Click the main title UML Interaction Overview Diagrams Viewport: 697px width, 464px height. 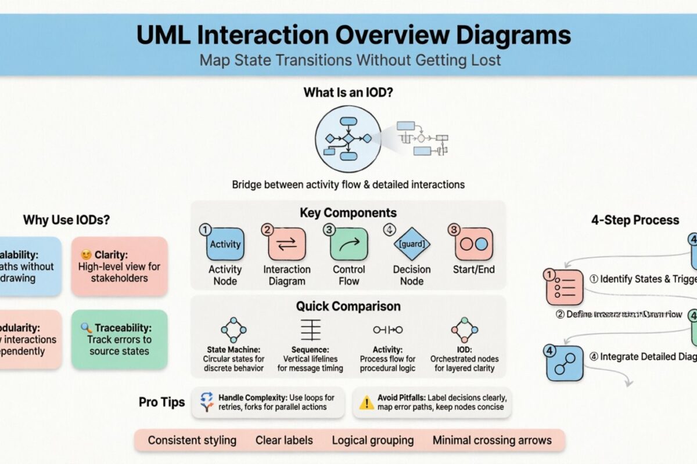click(x=353, y=36)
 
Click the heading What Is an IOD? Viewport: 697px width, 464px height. click(x=348, y=92)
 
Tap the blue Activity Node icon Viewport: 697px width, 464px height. click(x=225, y=244)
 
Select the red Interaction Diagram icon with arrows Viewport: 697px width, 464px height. click(x=286, y=244)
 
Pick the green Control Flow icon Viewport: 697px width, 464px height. click(x=348, y=244)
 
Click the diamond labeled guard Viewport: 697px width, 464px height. click(x=412, y=244)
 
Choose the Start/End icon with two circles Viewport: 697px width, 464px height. click(x=473, y=244)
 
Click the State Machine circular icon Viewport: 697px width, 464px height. click(x=233, y=329)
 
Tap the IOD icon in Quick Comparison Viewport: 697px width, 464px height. click(x=464, y=329)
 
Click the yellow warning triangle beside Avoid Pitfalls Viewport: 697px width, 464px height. click(x=367, y=403)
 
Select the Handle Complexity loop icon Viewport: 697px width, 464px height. click(x=207, y=402)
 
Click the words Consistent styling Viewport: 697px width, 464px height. click(x=192, y=440)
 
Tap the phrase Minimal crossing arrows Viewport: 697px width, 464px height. click(x=492, y=440)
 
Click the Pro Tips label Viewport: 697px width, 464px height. click(x=162, y=402)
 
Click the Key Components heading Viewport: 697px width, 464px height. click(x=348, y=212)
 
